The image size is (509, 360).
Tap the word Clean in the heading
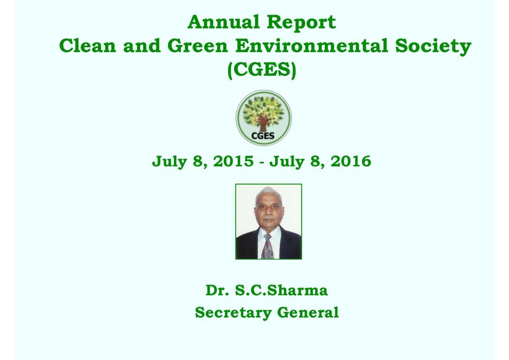pos(88,45)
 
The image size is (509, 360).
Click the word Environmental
pos(312,45)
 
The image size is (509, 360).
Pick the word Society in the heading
pos(434,46)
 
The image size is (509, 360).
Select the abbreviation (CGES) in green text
pos(262,69)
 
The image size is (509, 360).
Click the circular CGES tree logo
pos(263,118)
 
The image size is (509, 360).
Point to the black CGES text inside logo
pos(263,135)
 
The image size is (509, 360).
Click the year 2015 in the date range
pos(233,161)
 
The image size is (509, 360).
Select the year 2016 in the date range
pos(351,161)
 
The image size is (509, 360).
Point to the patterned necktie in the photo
pos(268,247)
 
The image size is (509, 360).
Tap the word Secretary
pos(233,313)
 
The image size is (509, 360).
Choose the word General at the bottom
pos(308,313)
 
